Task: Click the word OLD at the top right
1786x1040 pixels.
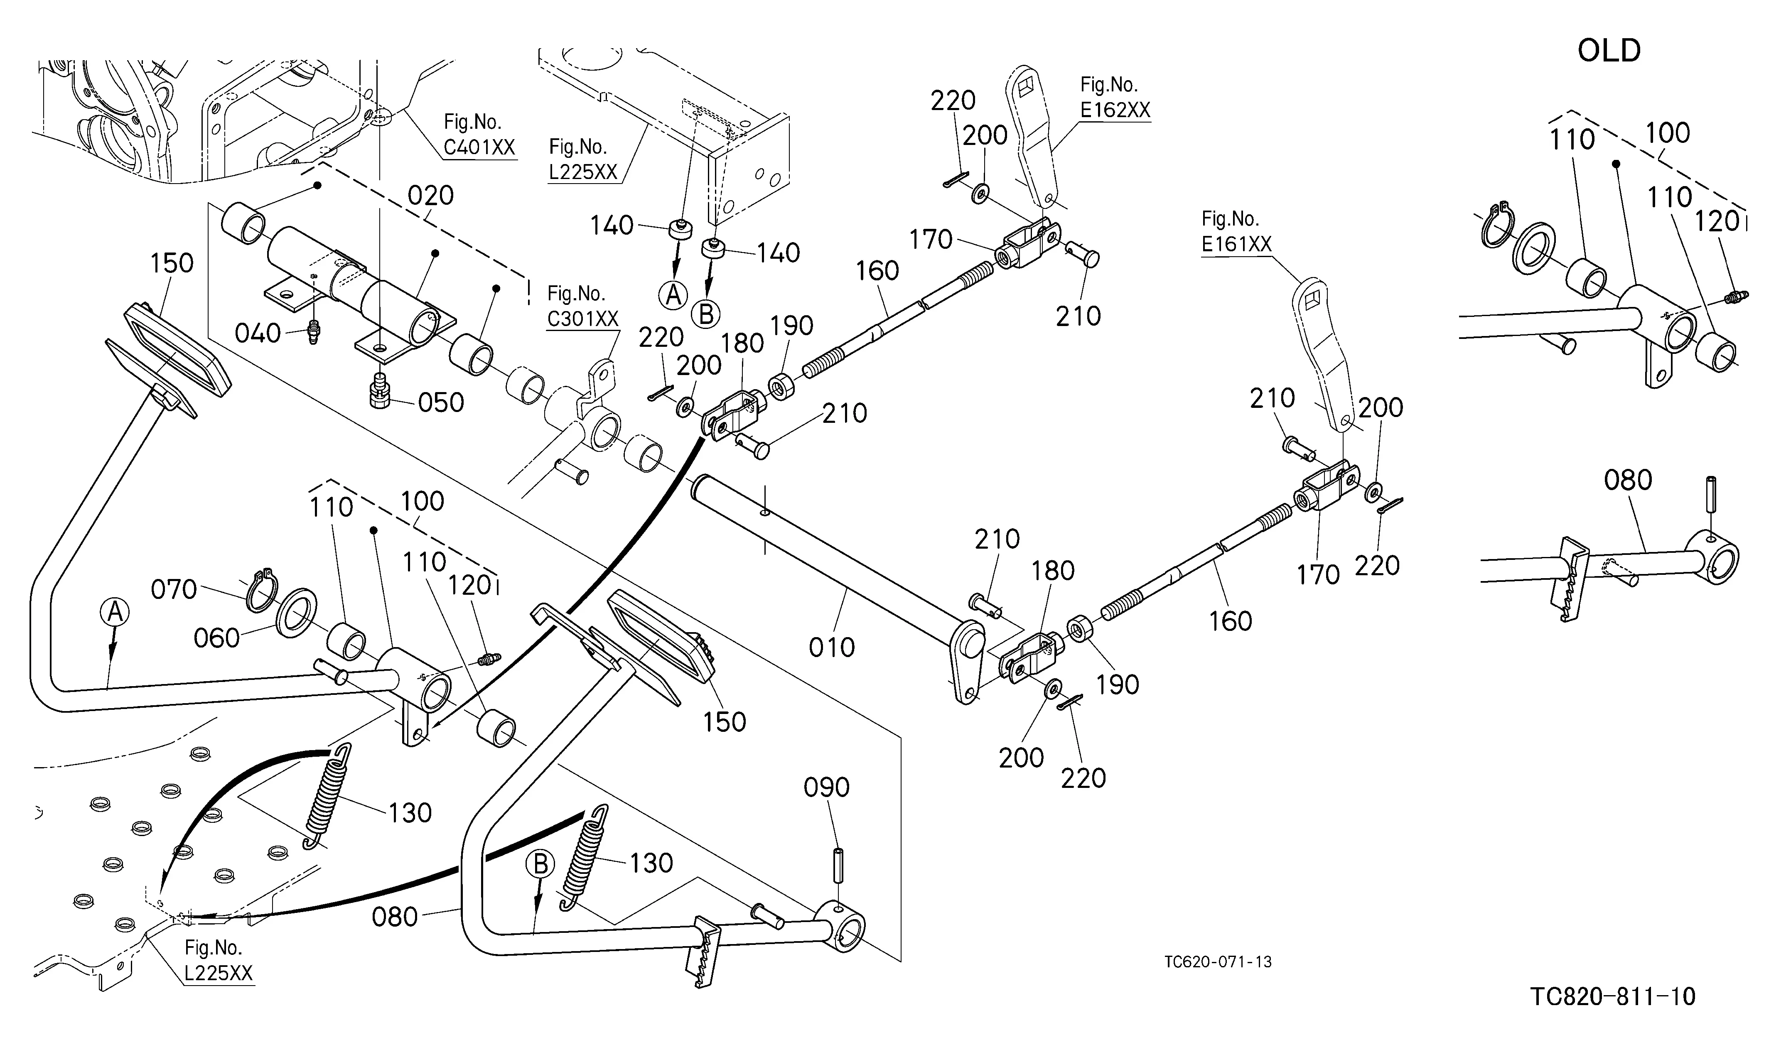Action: click(x=1609, y=51)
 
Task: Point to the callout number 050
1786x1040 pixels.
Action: click(x=441, y=402)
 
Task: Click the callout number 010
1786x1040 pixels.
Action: click(x=832, y=647)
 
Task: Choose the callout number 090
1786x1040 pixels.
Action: click(x=826, y=787)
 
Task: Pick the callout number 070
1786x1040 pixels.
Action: click(x=174, y=589)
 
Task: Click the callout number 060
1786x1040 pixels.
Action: click(x=217, y=638)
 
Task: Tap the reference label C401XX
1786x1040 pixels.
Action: click(x=479, y=147)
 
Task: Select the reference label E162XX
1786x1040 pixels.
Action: click(x=1115, y=110)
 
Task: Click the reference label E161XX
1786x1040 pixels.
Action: click(x=1237, y=244)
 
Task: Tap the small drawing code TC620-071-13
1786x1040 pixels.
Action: click(x=1218, y=962)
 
